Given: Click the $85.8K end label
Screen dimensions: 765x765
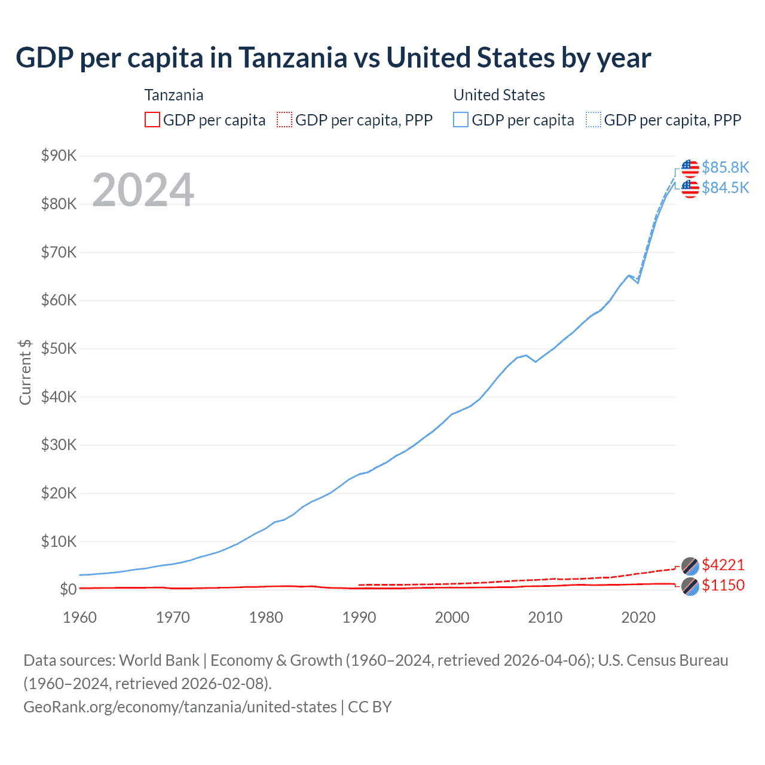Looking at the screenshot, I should pyautogui.click(x=725, y=167).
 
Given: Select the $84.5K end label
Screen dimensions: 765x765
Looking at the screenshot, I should pyautogui.click(x=725, y=188).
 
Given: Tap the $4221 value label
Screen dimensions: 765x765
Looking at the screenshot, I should pyautogui.click(x=723, y=565).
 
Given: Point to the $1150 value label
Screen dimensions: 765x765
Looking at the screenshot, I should pyautogui.click(x=723, y=585).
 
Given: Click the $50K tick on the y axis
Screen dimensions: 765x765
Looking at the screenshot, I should pyautogui.click(x=59, y=348).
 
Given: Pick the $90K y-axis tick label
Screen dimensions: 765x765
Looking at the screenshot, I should pyautogui.click(x=59, y=156).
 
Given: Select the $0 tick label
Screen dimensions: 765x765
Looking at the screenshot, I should pyautogui.click(x=68, y=589).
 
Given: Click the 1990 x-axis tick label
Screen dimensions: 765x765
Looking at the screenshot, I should pyautogui.click(x=359, y=617).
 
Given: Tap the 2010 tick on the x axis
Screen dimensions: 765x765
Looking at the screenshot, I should pyautogui.click(x=545, y=617).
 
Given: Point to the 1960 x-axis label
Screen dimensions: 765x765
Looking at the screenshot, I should pyautogui.click(x=79, y=617).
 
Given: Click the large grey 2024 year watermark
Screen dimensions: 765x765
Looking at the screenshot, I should pyautogui.click(x=143, y=190).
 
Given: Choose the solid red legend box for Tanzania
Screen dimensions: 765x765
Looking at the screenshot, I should pyautogui.click(x=152, y=120).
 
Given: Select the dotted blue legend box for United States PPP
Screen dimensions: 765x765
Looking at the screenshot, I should pyautogui.click(x=593, y=120).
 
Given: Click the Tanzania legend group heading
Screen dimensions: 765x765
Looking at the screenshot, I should pyautogui.click(x=174, y=95).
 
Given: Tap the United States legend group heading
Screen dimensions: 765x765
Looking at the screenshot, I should pyautogui.click(x=499, y=95).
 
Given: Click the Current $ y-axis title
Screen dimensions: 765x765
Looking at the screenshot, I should pyautogui.click(x=25, y=372).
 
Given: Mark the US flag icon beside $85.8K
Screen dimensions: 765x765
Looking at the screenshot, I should pyautogui.click(x=690, y=168).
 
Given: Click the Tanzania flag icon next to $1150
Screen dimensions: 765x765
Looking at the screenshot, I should pyautogui.click(x=690, y=586).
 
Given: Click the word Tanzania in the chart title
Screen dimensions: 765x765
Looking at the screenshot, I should pyautogui.click(x=293, y=58).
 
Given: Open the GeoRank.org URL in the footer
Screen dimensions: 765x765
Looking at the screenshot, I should pyautogui.click(x=180, y=707).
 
